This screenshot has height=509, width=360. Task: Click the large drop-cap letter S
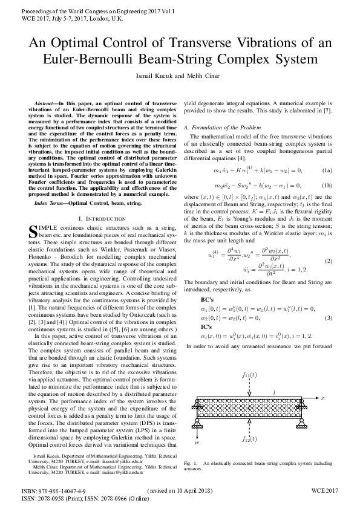[33, 232]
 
